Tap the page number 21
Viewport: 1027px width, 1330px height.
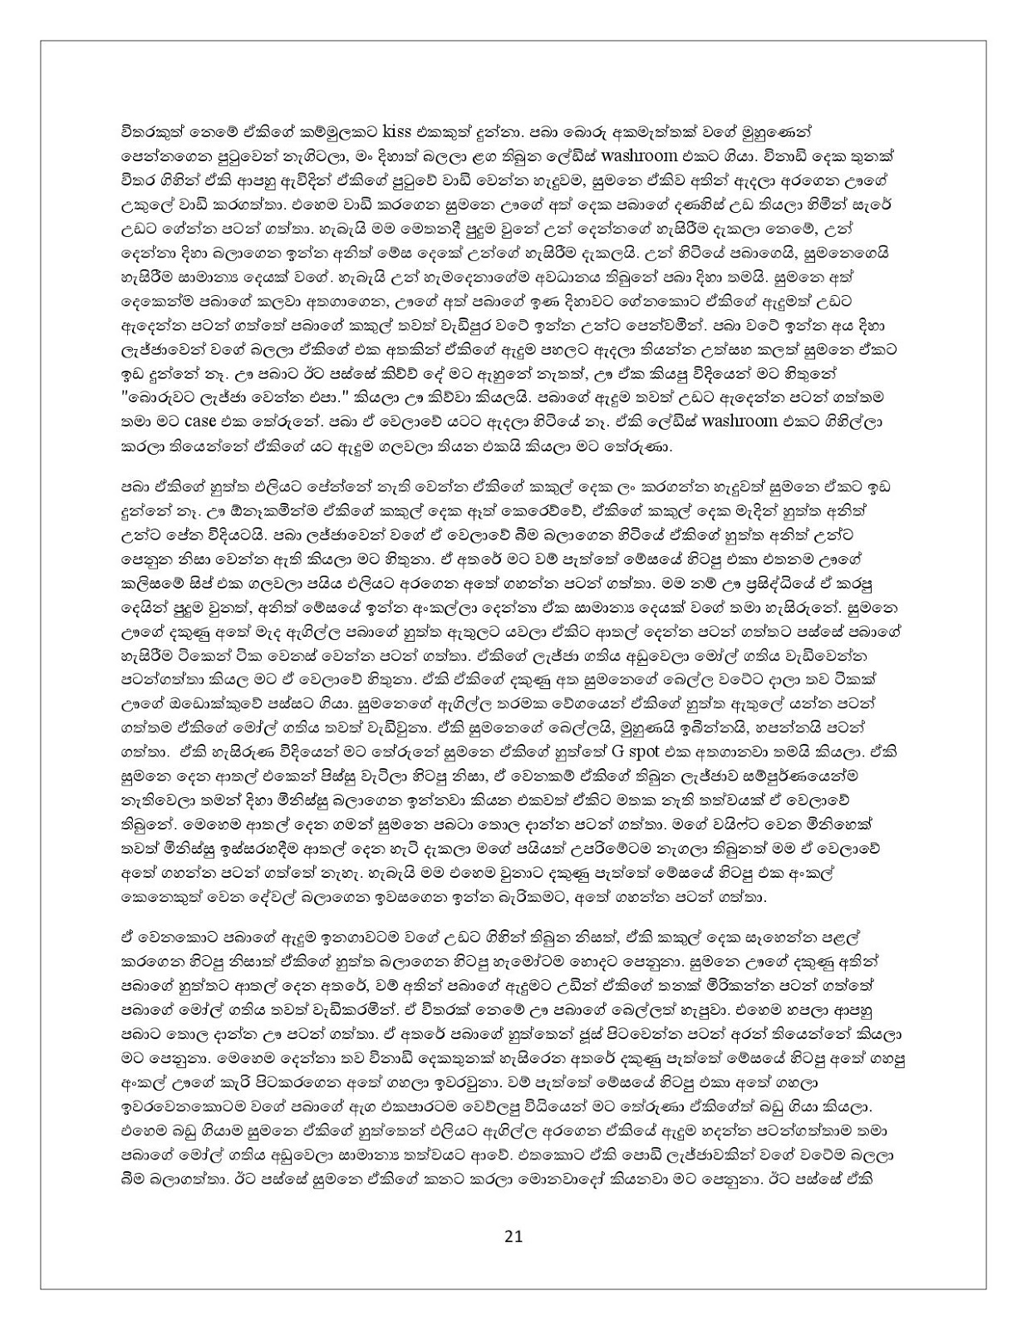(x=513, y=1235)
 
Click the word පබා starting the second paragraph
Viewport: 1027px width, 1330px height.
(x=135, y=485)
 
